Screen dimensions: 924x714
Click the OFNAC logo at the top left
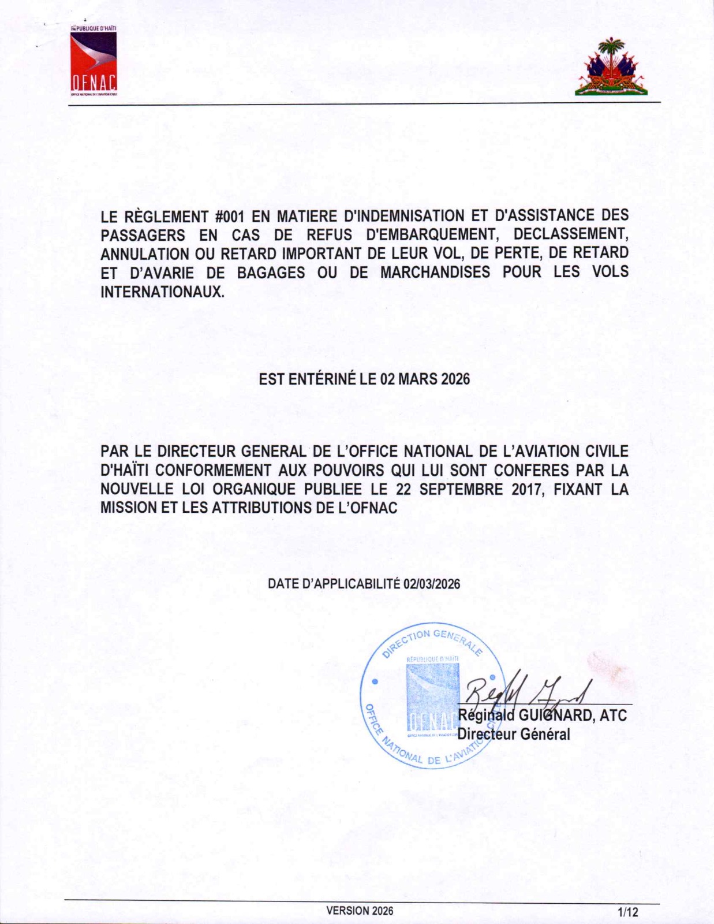(x=94, y=61)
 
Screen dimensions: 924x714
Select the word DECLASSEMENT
(x=570, y=235)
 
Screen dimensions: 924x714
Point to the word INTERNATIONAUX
(x=162, y=291)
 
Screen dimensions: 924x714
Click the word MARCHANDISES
(x=435, y=272)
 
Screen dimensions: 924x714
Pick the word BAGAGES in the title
(x=271, y=272)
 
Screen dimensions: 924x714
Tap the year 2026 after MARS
(x=455, y=379)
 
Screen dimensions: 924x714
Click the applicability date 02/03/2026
(x=432, y=584)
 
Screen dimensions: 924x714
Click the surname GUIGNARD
(x=555, y=716)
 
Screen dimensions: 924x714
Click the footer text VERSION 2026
(x=360, y=911)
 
